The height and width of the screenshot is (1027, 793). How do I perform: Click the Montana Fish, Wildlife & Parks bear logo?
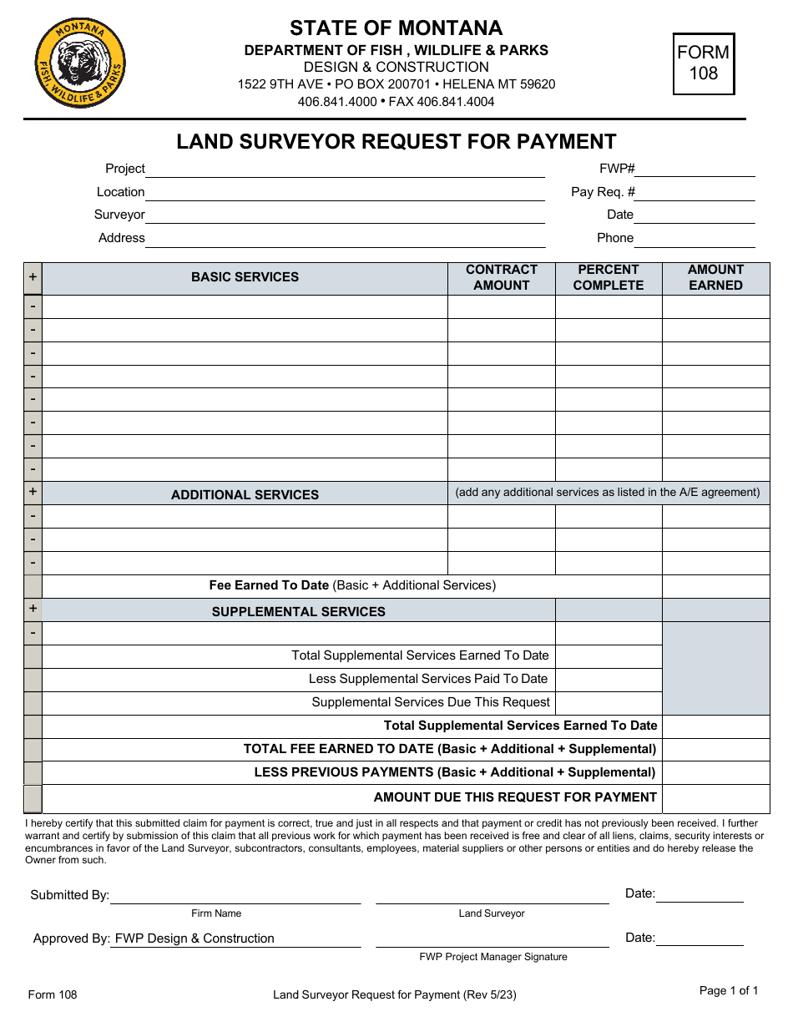click(x=80, y=63)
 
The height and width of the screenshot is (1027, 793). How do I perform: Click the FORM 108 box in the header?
click(x=703, y=63)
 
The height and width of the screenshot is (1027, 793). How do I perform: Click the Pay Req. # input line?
click(x=695, y=193)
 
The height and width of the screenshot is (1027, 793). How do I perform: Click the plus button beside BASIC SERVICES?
click(x=33, y=277)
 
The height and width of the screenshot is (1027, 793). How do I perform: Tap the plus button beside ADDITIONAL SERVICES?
click(x=33, y=493)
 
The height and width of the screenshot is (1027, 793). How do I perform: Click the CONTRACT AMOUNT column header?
click(x=501, y=277)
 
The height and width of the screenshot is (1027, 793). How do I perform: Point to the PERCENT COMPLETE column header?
click(x=608, y=277)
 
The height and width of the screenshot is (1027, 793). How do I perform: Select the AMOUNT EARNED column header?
click(x=715, y=277)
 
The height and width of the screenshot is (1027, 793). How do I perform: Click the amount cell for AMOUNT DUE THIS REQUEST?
click(x=715, y=798)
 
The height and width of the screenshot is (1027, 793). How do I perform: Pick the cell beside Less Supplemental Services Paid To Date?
click(x=608, y=680)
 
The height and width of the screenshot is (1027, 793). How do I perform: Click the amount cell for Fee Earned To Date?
click(x=715, y=586)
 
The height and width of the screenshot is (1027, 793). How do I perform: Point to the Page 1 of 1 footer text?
click(x=728, y=991)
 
